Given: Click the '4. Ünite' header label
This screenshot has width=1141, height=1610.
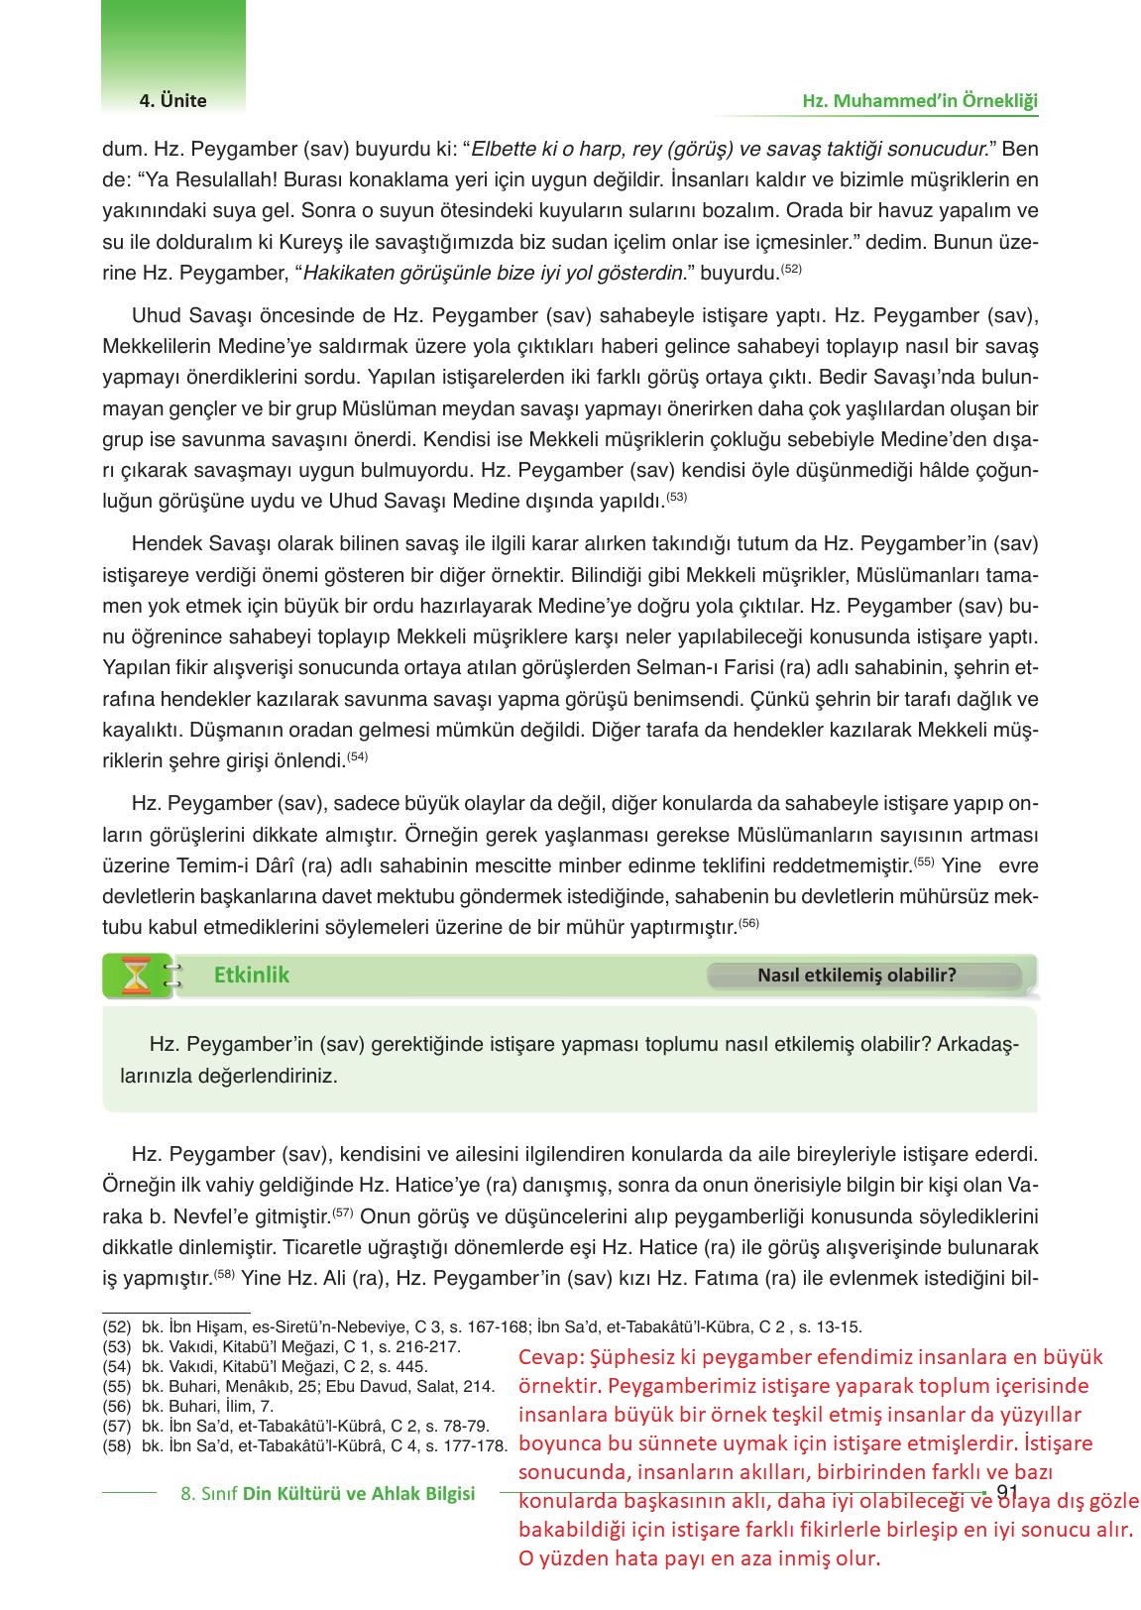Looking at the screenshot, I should [172, 101].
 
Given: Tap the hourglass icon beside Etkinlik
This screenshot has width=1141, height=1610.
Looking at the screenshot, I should [136, 976].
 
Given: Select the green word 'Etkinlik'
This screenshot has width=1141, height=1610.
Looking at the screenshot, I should [252, 975].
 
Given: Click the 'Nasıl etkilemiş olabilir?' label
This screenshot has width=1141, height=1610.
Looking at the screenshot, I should [856, 975].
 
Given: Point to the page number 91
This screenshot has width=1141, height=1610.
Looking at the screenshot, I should [1007, 1493].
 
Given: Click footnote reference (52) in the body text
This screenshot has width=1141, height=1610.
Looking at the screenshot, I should [791, 268].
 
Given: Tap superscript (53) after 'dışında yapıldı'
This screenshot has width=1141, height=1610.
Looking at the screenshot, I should [676, 496].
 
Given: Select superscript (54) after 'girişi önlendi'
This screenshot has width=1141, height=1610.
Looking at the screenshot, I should [358, 756].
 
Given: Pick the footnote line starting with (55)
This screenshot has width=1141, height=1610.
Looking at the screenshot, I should [297, 1385].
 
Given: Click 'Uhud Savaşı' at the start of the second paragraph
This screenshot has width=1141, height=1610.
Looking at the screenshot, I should [180, 315].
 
